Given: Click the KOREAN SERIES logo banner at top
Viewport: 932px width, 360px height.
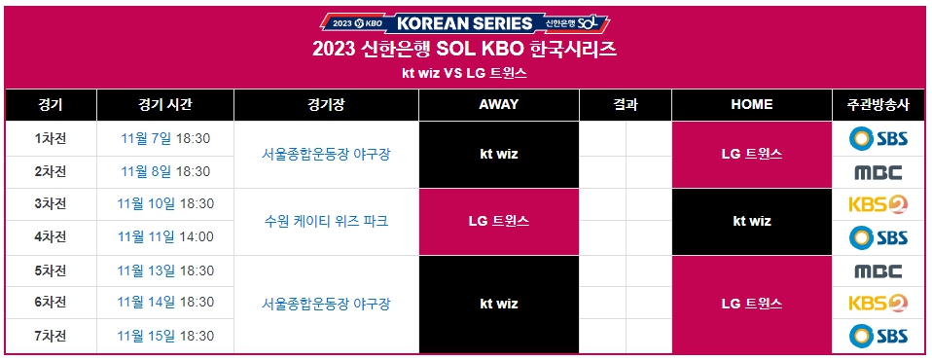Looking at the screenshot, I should (464, 21).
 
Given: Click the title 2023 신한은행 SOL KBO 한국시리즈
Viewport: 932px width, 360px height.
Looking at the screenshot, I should (465, 50).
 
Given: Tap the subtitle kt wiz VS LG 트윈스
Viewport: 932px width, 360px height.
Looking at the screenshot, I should (465, 74).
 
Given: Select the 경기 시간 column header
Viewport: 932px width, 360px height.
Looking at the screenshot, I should (164, 105).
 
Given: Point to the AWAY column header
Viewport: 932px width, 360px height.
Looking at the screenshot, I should (499, 105).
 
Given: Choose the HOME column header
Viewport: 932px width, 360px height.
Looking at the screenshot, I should (751, 105).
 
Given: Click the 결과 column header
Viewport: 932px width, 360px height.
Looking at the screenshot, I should (626, 105).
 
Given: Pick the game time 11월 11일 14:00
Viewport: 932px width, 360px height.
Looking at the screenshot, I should (164, 236).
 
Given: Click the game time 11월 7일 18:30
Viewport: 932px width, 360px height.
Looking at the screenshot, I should (164, 138).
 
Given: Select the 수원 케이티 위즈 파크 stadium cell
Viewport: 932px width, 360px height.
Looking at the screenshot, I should (326, 221).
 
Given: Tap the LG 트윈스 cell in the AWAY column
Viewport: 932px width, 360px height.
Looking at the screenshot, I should (499, 221).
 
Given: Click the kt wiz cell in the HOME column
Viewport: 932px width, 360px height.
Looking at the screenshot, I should (751, 221).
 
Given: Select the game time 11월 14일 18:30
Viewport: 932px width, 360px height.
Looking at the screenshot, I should (164, 304).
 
